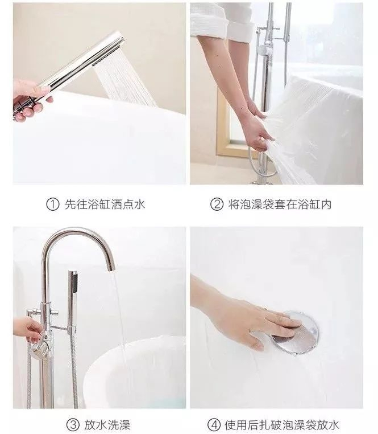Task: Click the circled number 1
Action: point(52,204)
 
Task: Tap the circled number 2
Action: point(217,204)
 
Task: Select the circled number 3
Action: point(73,424)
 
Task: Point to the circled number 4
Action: point(214,424)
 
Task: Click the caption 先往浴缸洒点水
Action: point(105,204)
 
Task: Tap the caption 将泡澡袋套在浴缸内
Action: point(280,204)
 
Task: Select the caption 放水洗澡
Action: point(107,424)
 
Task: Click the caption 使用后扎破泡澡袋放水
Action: point(281,424)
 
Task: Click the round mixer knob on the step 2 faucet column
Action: point(266,50)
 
